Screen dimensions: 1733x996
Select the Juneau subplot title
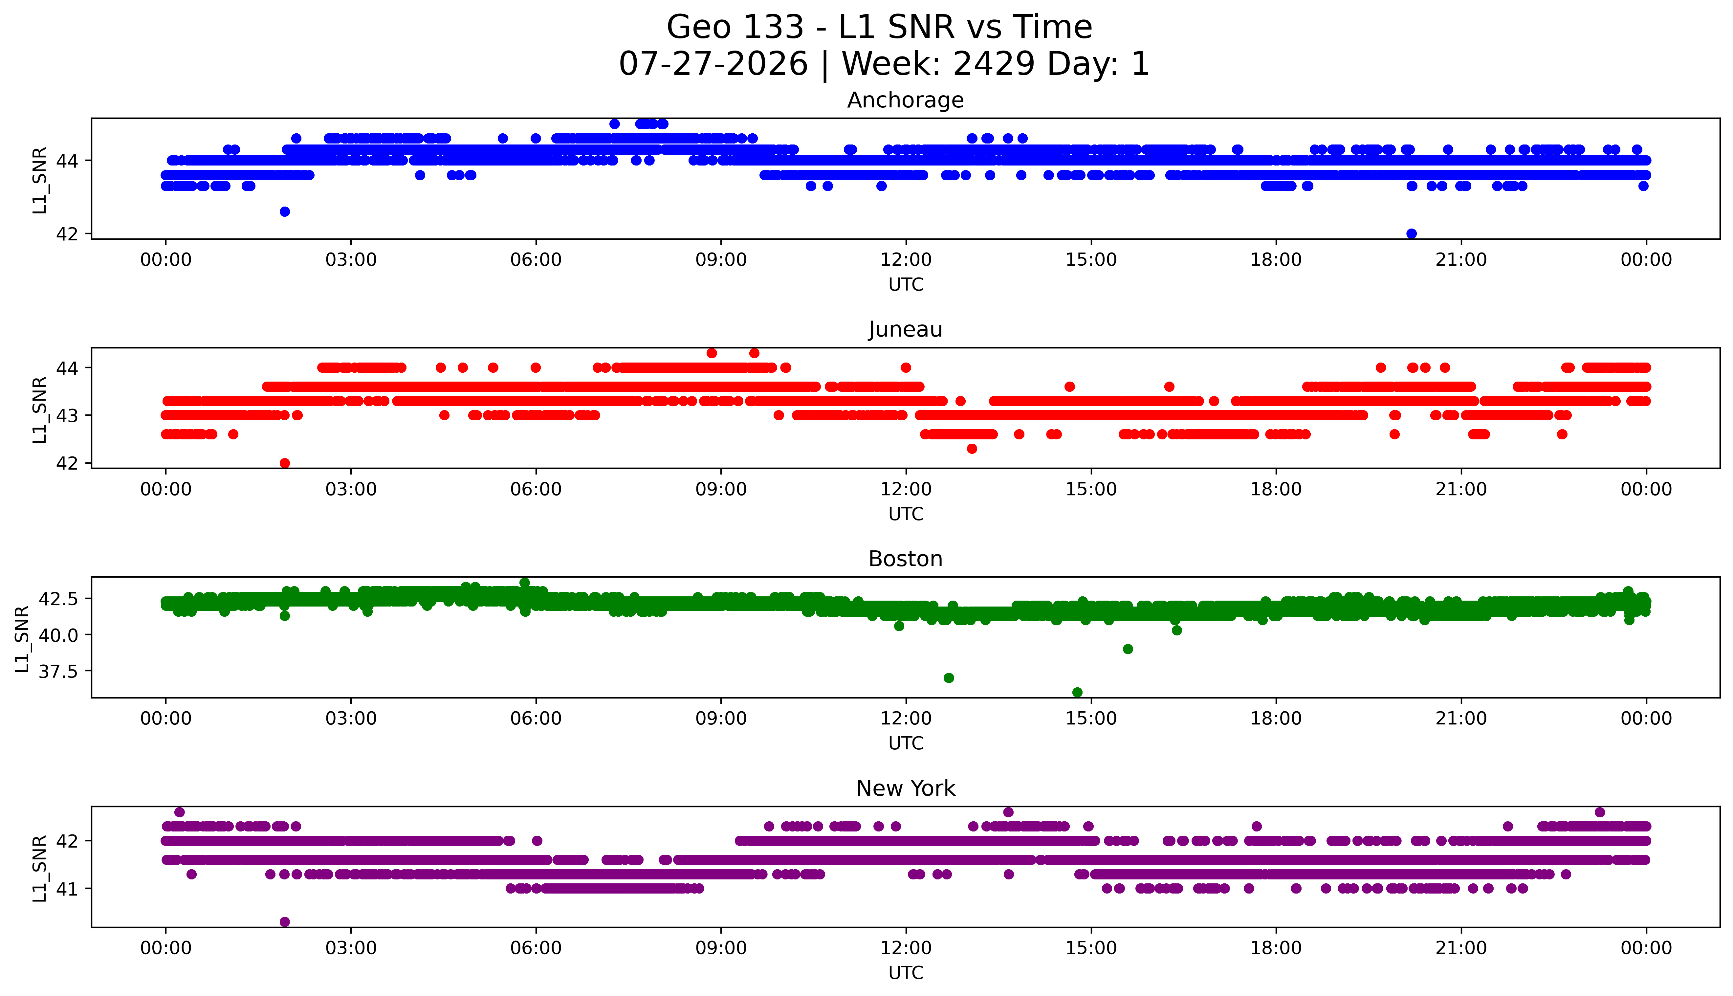pos(906,330)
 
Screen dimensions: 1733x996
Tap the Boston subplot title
pos(906,559)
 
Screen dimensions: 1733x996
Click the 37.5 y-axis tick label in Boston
pos(59,671)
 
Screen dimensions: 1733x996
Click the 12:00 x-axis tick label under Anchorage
pos(906,260)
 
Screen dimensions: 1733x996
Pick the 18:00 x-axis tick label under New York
pos(1276,948)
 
